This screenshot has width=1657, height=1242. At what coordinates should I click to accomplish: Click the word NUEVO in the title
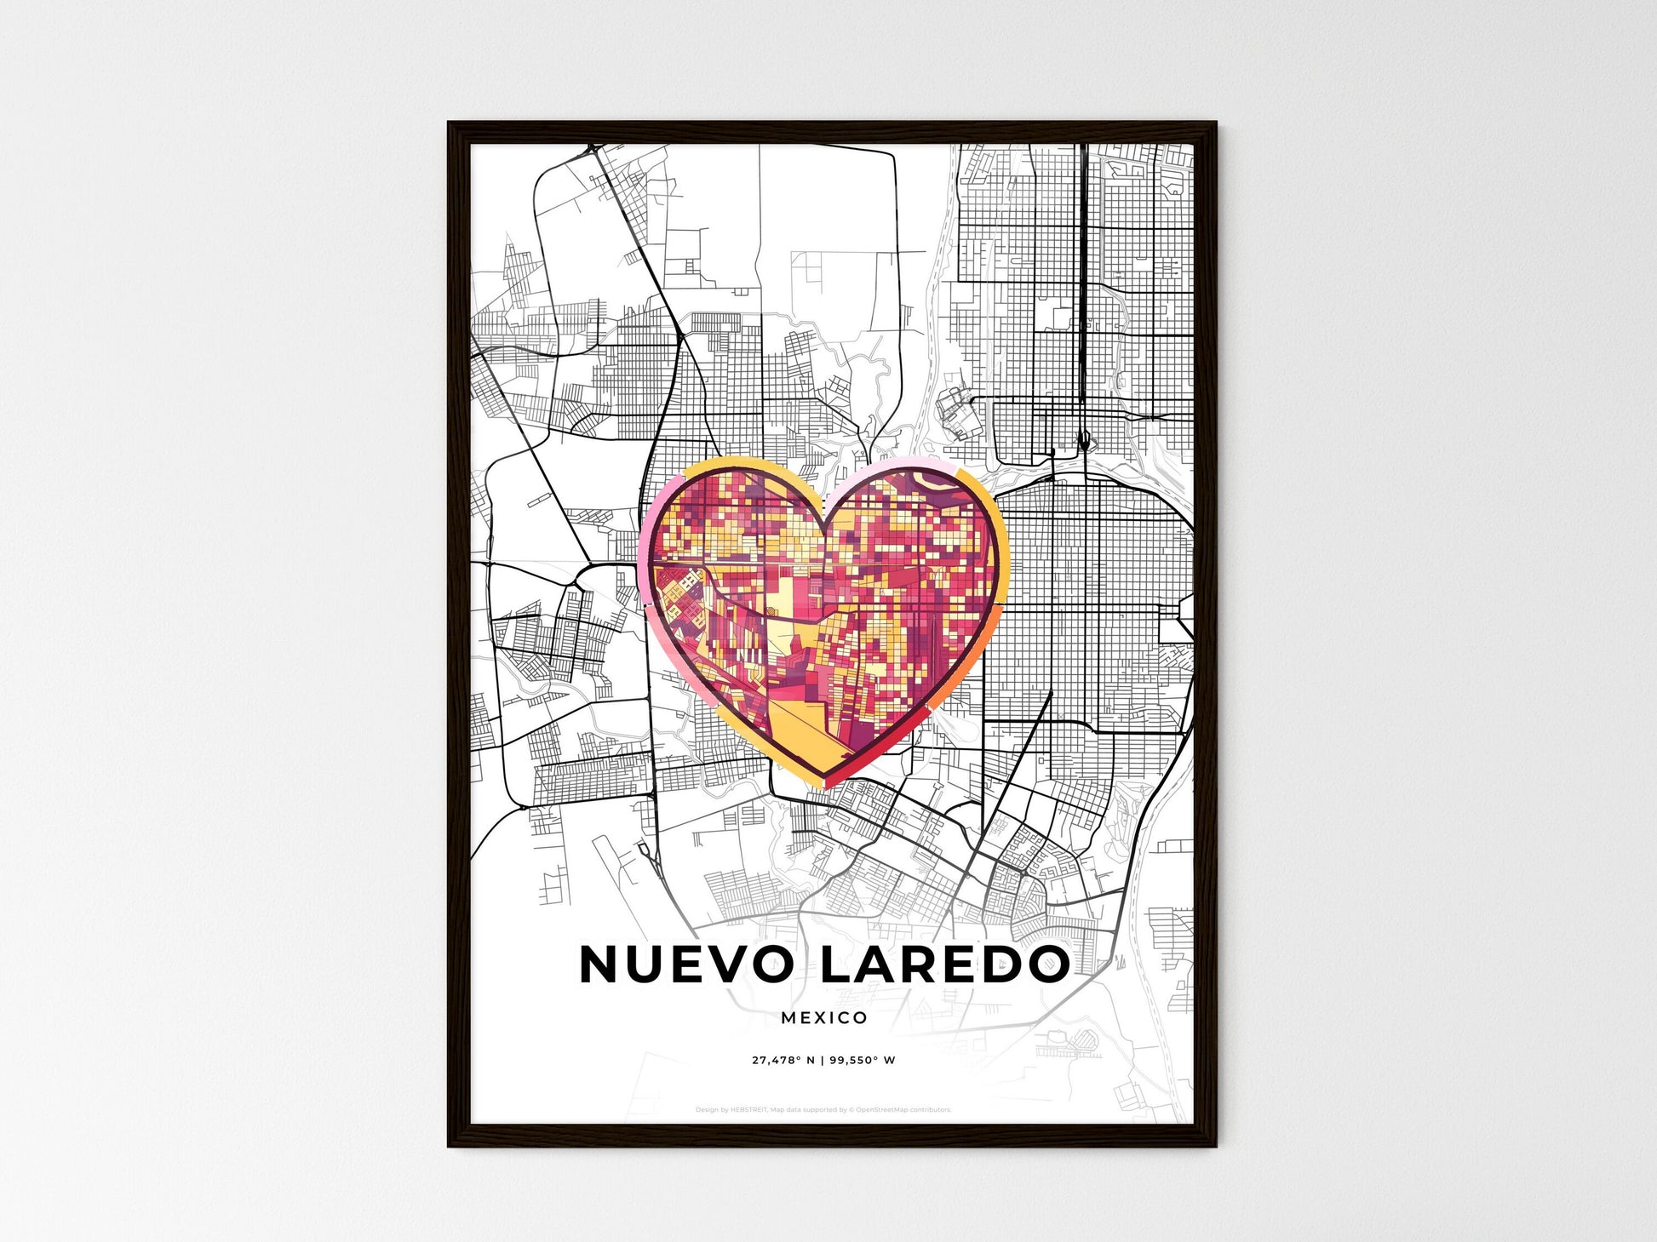[685, 964]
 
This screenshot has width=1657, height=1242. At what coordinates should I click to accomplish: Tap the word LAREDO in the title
[944, 964]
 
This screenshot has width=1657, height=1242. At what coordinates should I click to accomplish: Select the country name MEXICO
[823, 1018]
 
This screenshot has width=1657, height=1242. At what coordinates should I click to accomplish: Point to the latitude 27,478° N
[783, 1061]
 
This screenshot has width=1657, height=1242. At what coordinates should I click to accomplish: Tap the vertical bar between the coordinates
[823, 1061]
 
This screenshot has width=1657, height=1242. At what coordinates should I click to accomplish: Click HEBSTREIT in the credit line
[748, 1110]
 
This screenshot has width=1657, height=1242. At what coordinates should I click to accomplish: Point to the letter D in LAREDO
[1001, 964]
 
